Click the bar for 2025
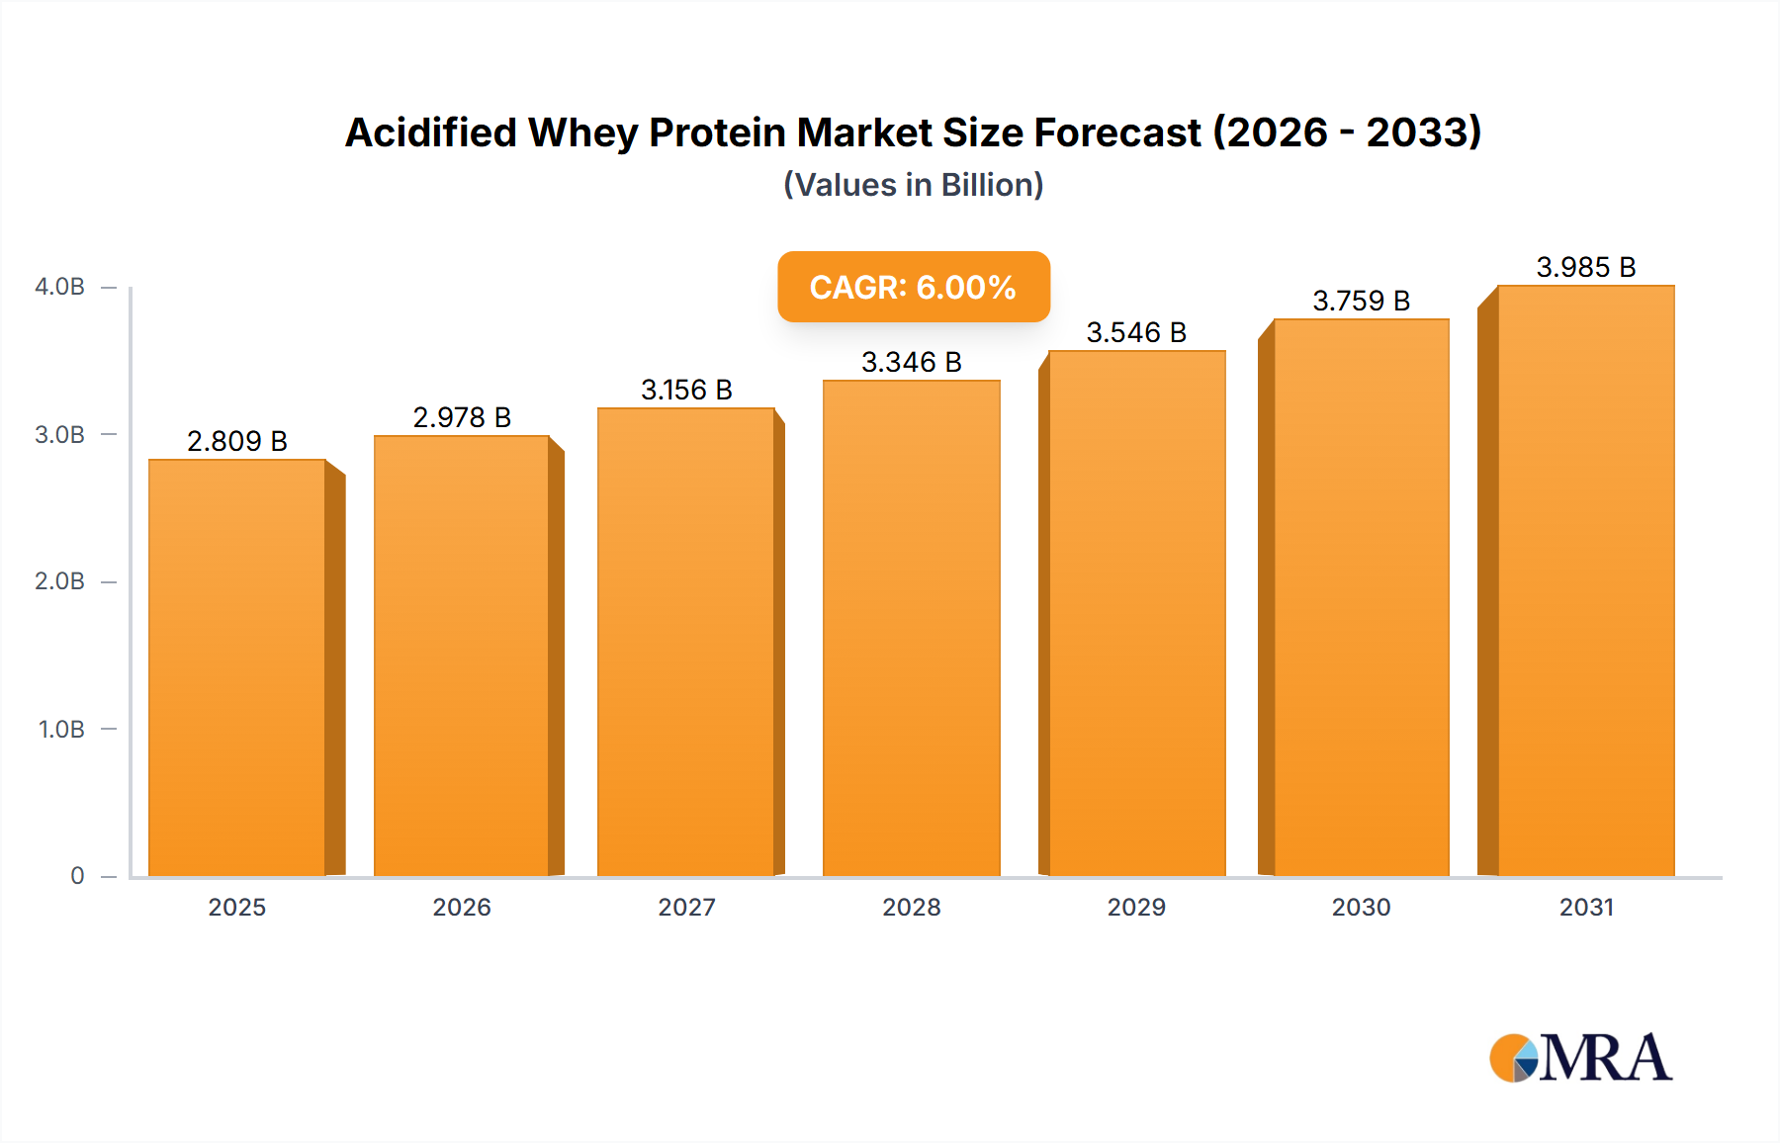click(x=237, y=667)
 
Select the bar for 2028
click(x=911, y=628)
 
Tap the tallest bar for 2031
click(x=1585, y=581)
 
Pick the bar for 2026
click(x=462, y=656)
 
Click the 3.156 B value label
click(x=686, y=390)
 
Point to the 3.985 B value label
click(x=1585, y=267)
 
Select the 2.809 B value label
click(x=237, y=441)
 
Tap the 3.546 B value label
click(x=1136, y=332)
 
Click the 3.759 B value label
click(x=1361, y=301)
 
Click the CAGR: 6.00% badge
click(x=913, y=287)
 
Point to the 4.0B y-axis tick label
click(x=60, y=287)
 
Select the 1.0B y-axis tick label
click(x=61, y=729)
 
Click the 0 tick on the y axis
click(x=77, y=875)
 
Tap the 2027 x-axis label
click(x=686, y=907)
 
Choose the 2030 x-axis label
click(x=1361, y=907)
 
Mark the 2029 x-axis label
click(x=1136, y=907)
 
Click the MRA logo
click(x=1580, y=1058)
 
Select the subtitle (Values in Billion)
click(x=913, y=185)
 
